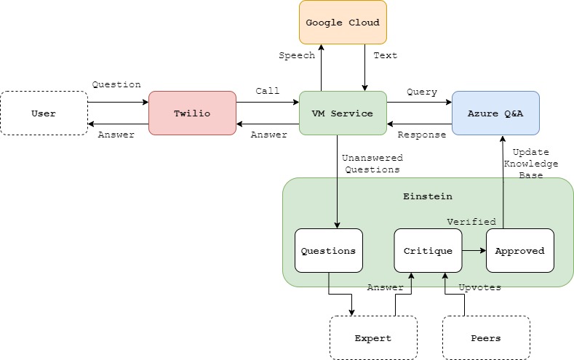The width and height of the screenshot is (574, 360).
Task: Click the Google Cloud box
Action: click(x=343, y=23)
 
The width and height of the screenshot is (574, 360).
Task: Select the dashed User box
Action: click(x=44, y=113)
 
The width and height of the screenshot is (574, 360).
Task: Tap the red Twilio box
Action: click(x=192, y=113)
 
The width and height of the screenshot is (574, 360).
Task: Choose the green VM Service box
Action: click(x=343, y=113)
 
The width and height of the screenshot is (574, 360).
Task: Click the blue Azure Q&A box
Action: click(x=495, y=113)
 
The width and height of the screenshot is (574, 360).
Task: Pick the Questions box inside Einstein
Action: click(x=328, y=251)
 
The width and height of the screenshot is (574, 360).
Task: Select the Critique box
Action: click(x=428, y=251)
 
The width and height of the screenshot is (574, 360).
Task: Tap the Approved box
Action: click(x=519, y=251)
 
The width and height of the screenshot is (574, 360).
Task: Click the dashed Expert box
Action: click(x=373, y=338)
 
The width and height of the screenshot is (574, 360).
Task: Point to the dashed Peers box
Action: click(x=486, y=338)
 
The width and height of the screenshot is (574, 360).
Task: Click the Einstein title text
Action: click(x=428, y=196)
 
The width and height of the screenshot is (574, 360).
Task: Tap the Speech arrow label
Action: click(x=297, y=55)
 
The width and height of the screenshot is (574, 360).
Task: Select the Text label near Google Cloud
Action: click(x=386, y=55)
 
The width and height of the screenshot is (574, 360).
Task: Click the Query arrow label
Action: click(x=422, y=92)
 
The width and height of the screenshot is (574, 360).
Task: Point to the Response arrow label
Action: click(x=421, y=135)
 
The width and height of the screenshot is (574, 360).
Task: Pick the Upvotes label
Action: click(x=480, y=288)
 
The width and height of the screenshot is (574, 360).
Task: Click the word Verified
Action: click(x=471, y=221)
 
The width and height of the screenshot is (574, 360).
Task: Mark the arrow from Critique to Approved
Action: click(x=474, y=251)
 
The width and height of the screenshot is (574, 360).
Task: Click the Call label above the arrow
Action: click(x=267, y=91)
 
